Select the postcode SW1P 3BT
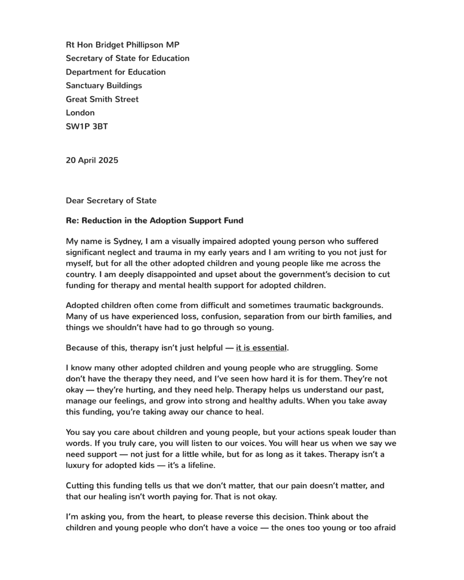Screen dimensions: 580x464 87,126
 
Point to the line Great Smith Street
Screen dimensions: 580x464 102,99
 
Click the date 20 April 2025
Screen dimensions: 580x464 92,160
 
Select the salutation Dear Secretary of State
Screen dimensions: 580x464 111,201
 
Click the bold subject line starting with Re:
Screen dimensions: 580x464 154,221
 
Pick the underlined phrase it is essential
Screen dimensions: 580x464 261,348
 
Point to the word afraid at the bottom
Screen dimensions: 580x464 382,528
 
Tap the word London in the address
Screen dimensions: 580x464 80,113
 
